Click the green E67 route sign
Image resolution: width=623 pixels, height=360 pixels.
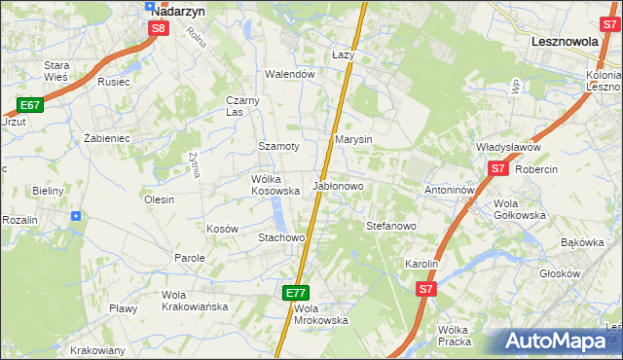click(x=29, y=105)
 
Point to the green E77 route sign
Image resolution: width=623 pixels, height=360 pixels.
click(x=297, y=292)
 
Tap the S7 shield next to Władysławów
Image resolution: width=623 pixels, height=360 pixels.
click(x=498, y=168)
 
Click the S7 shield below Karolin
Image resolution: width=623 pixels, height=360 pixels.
click(x=426, y=289)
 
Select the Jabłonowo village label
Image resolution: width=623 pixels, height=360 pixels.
click(x=338, y=185)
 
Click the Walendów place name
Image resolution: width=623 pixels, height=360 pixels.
click(x=291, y=74)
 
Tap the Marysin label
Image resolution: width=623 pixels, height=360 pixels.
click(x=354, y=139)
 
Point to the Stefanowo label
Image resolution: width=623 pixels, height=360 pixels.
click(x=391, y=226)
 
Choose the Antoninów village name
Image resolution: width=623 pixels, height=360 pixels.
click(x=449, y=190)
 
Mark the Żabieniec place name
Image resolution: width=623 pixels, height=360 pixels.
click(x=107, y=138)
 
